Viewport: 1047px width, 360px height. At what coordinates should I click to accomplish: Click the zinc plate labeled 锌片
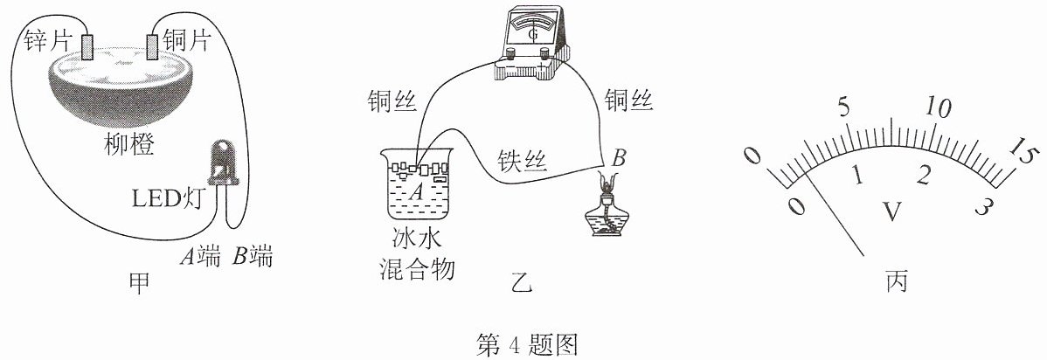[x=87, y=46]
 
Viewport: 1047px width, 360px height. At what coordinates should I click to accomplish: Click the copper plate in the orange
[x=153, y=46]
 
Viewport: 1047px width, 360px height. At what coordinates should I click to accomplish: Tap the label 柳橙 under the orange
[x=129, y=143]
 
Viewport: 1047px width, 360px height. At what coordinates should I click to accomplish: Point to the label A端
[x=200, y=257]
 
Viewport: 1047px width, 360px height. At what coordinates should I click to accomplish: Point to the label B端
[x=253, y=257]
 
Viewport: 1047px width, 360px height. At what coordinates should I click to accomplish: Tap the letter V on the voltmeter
[x=890, y=211]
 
